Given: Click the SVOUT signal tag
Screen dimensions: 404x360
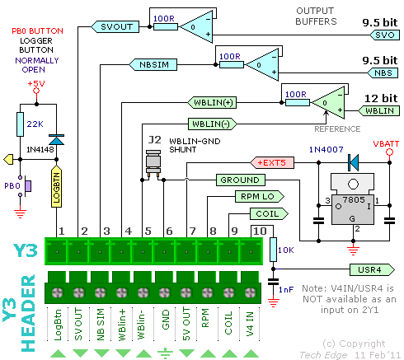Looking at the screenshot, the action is click(x=115, y=26).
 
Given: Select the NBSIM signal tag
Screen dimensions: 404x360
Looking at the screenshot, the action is click(x=153, y=64).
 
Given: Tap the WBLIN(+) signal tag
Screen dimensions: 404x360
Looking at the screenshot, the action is click(x=212, y=103).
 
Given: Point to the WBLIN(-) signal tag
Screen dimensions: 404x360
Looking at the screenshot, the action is click(x=213, y=124).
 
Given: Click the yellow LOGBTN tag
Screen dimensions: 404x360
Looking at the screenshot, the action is click(x=57, y=186).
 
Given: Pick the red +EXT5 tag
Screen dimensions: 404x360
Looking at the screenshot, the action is click(x=272, y=162).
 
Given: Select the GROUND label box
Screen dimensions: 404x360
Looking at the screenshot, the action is click(x=241, y=180).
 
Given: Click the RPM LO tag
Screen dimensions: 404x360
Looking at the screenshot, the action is click(x=260, y=197).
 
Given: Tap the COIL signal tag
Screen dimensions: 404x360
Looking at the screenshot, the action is click(x=269, y=213).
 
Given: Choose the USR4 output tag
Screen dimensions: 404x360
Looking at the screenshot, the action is click(x=372, y=269).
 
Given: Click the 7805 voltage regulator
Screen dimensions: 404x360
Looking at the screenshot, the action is click(x=353, y=199).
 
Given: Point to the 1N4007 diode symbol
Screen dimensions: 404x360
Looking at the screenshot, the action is click(x=353, y=162).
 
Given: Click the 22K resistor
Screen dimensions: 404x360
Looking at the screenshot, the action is click(x=20, y=124).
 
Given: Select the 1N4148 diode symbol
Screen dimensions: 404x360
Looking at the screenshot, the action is click(x=56, y=139).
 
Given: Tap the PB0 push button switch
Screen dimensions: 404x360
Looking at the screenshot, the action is click(x=25, y=186).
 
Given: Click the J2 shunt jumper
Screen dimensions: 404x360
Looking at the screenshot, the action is click(x=153, y=163).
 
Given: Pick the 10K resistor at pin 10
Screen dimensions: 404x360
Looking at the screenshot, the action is click(x=273, y=250).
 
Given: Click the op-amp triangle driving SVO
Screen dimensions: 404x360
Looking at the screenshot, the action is click(x=197, y=27).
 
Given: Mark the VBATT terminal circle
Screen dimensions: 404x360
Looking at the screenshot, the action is click(x=389, y=152).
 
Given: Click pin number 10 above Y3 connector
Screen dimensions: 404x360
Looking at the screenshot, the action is click(x=260, y=231).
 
